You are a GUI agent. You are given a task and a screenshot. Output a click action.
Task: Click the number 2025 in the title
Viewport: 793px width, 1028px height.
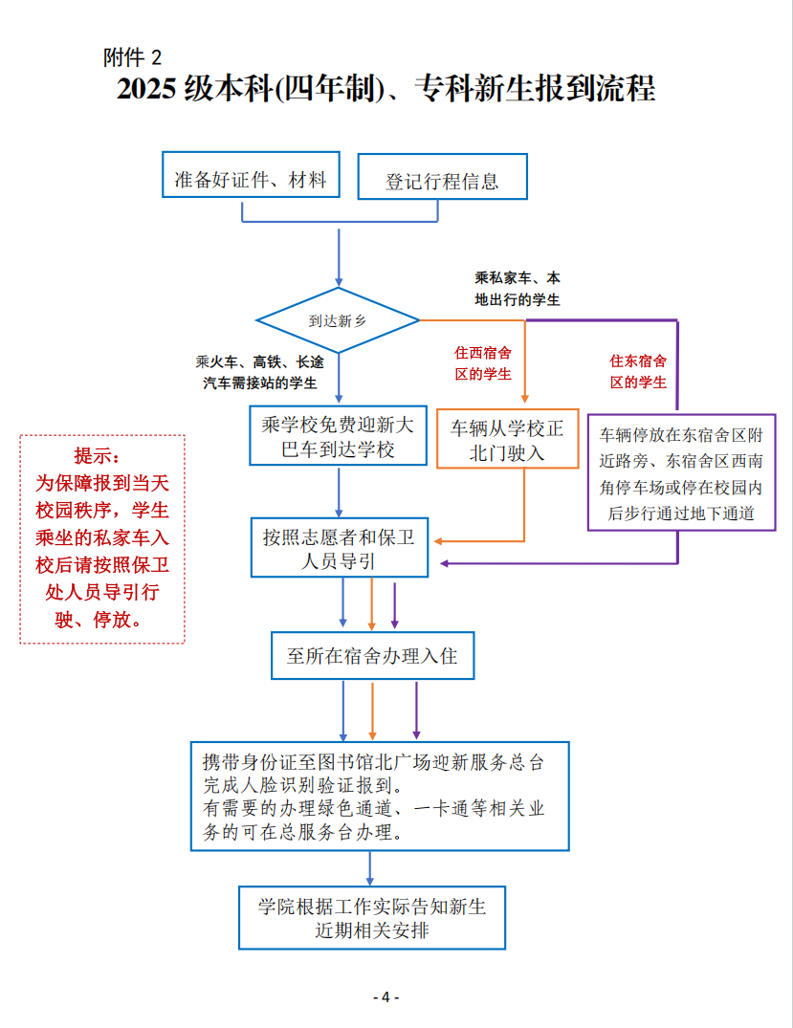[149, 90]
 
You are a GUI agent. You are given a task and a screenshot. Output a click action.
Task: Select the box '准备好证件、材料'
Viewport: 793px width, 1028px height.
[251, 179]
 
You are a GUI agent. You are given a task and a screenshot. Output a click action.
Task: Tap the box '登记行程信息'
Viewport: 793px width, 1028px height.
[442, 182]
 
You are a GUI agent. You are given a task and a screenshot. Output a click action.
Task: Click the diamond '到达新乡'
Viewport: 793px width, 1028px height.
[338, 321]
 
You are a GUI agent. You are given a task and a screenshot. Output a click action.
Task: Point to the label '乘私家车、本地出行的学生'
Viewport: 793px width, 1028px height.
[518, 289]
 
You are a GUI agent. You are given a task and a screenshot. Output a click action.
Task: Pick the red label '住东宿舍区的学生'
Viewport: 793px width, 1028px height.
[638, 371]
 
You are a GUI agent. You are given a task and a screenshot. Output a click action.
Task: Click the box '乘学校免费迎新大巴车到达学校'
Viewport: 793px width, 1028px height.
[338, 436]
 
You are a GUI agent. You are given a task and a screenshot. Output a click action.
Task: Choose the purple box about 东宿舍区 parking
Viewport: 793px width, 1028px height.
[681, 472]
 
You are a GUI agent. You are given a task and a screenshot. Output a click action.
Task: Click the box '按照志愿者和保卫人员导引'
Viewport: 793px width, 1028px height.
[339, 549]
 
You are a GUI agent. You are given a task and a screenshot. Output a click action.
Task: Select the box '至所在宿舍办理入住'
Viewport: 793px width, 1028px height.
[372, 656]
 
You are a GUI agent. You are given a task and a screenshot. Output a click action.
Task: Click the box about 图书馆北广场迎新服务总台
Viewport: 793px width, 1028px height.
[379, 796]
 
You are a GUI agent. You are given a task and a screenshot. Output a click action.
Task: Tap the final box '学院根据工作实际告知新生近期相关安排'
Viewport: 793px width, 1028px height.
[372, 917]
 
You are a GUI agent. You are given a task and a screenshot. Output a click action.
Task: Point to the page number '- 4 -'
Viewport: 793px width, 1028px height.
[385, 996]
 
